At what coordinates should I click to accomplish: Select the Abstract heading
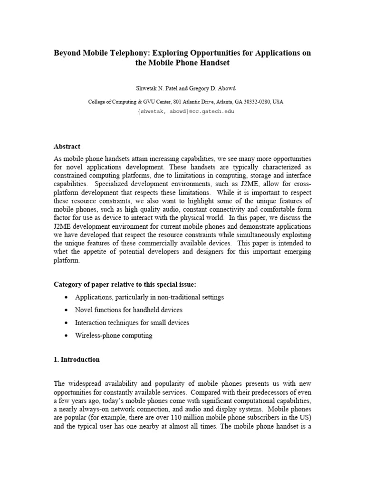coord(67,147)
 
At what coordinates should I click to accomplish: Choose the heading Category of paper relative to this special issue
coord(125,284)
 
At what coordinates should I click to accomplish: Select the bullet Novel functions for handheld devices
coord(128,310)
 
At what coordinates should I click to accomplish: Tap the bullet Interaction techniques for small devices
coord(132,323)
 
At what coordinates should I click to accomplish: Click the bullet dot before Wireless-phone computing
coord(66,336)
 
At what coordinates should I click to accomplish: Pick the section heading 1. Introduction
coord(77,359)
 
